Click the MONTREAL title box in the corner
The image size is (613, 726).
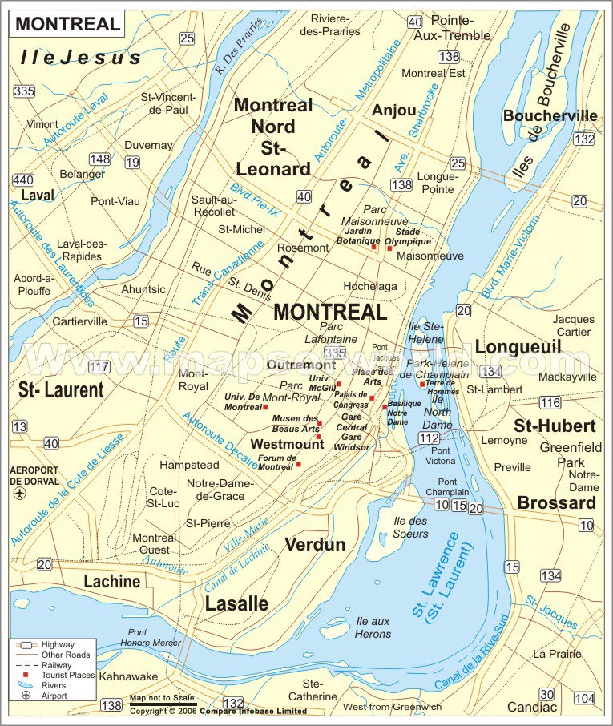67,23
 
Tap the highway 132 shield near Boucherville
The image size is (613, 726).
585,139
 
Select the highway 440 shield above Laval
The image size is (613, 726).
22,179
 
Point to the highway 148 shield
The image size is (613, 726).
100,159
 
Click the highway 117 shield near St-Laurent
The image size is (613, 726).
99,367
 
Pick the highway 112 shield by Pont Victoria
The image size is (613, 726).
429,438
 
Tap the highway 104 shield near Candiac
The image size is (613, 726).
585,698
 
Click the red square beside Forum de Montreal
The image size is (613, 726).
298,464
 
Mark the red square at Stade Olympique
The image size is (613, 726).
389,248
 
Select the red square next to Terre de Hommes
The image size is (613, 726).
421,385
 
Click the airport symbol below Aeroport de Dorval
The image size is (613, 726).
19,494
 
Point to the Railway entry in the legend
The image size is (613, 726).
53,665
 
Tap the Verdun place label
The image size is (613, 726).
315,545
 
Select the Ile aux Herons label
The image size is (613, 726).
373,627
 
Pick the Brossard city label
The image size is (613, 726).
556,502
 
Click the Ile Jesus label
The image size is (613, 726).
81,57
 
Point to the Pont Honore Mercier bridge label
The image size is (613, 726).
148,637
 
